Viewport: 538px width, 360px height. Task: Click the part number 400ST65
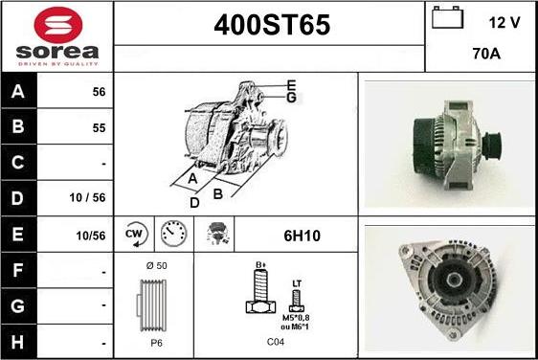[272, 25]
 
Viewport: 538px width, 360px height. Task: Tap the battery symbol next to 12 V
[447, 17]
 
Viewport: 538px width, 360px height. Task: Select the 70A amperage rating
[486, 54]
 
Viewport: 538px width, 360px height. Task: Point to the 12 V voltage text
[504, 23]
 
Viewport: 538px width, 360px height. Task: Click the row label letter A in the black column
[18, 91]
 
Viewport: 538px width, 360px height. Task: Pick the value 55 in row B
[99, 128]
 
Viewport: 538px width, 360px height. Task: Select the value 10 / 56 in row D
[87, 197]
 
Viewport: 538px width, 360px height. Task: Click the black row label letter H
[17, 342]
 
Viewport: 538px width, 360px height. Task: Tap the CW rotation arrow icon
[134, 235]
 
